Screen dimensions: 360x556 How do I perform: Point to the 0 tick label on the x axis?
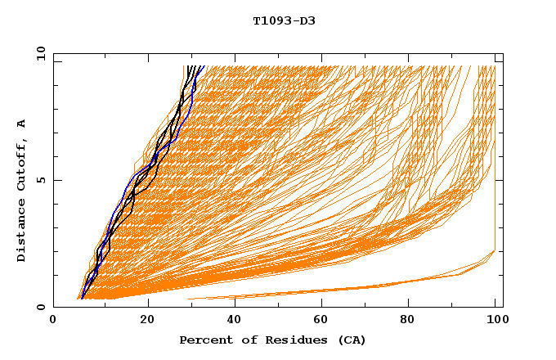(x=54, y=320)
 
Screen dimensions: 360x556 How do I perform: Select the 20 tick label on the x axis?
(x=147, y=320)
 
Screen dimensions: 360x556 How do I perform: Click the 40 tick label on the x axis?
(x=235, y=320)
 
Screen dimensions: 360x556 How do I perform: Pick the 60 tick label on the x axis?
(x=324, y=320)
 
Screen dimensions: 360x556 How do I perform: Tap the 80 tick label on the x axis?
(x=412, y=320)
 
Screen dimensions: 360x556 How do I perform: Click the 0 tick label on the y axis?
(x=41, y=307)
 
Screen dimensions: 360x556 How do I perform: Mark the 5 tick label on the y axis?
(x=41, y=180)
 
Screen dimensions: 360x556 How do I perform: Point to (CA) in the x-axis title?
(x=349, y=340)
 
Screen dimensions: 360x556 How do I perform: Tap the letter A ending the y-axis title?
(x=21, y=124)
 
